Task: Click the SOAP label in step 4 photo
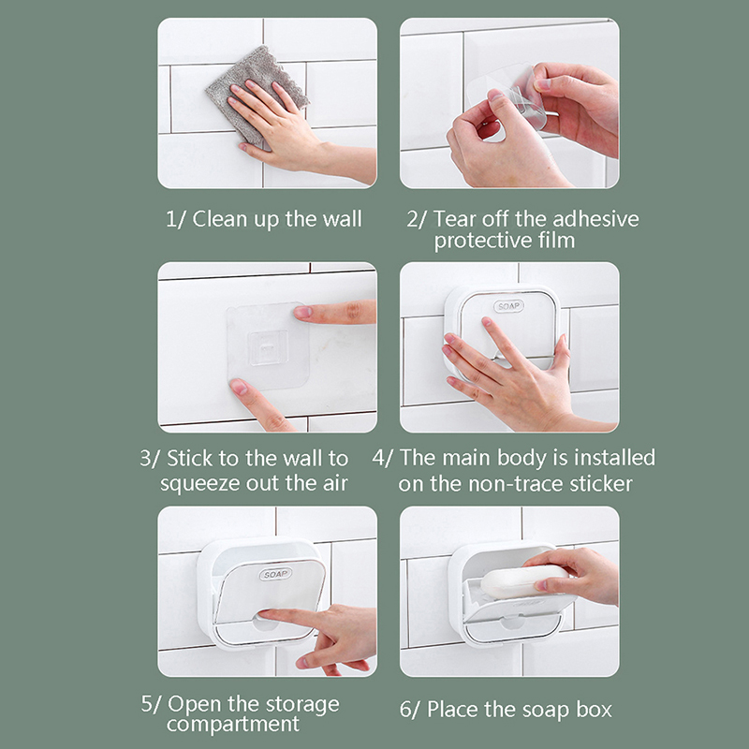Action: coord(508,306)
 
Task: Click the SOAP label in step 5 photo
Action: coord(275,574)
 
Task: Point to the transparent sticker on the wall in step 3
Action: coord(268,345)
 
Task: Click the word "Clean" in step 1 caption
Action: coord(220,219)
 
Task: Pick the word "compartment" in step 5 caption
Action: coord(233,724)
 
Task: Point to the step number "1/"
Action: coord(176,219)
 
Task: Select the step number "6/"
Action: coord(410,710)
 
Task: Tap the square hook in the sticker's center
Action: coord(268,347)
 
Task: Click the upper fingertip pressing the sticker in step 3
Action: coord(301,313)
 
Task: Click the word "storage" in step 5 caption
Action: coord(302,704)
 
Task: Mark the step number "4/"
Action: coord(383,458)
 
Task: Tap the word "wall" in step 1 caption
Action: coord(342,219)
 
